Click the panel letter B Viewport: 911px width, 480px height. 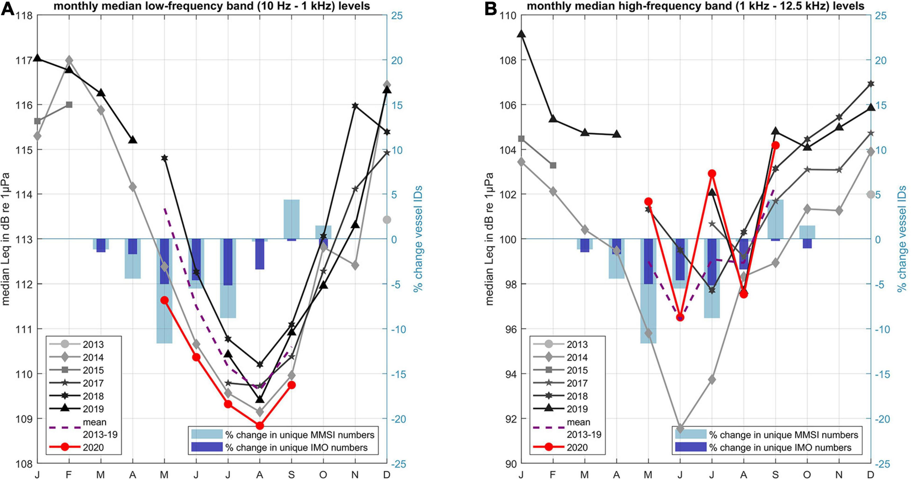(491, 8)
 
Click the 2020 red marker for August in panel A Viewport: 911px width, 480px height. (259, 425)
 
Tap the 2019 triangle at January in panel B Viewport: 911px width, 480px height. (521, 34)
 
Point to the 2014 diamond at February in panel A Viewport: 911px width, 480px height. (69, 60)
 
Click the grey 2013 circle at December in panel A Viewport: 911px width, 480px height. (387, 220)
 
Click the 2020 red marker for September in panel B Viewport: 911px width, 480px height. (775, 145)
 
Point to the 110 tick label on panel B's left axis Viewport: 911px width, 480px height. (508, 16)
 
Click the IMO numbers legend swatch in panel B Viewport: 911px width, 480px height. (690, 447)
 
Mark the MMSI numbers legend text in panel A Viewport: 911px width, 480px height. (300, 435)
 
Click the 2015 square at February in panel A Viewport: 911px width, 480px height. (69, 105)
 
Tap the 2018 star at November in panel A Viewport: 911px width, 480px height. (355, 106)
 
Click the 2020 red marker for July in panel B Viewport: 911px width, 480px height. (712, 173)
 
